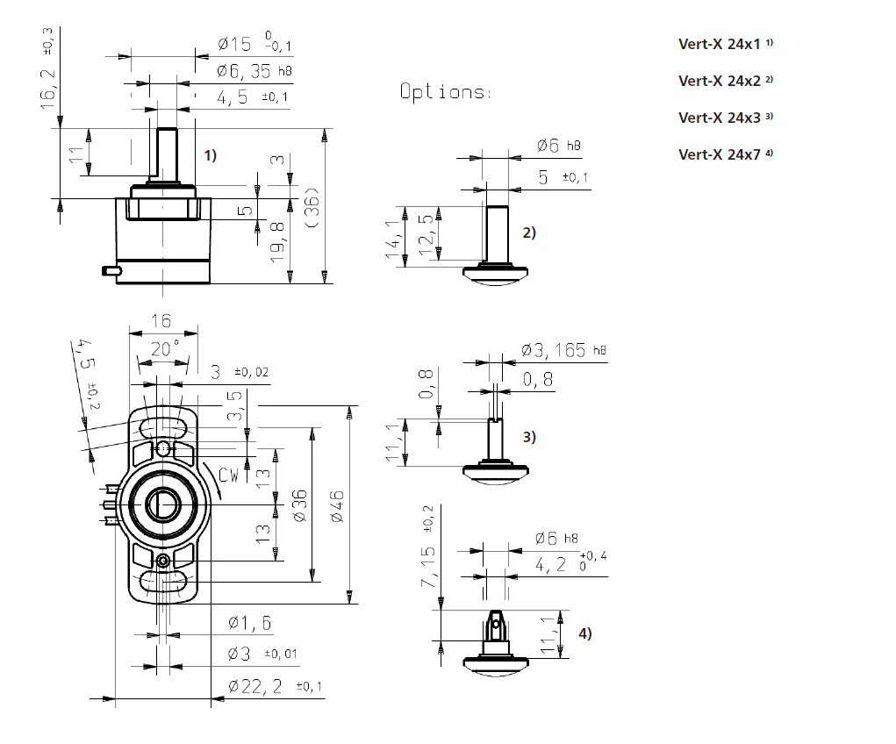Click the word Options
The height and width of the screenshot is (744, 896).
coord(446,91)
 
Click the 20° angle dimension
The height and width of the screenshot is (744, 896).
coord(164,348)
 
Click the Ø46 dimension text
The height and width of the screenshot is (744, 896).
coord(338,506)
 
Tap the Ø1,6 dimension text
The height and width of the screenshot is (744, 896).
coord(249,623)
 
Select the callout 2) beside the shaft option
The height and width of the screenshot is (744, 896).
coord(528,232)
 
